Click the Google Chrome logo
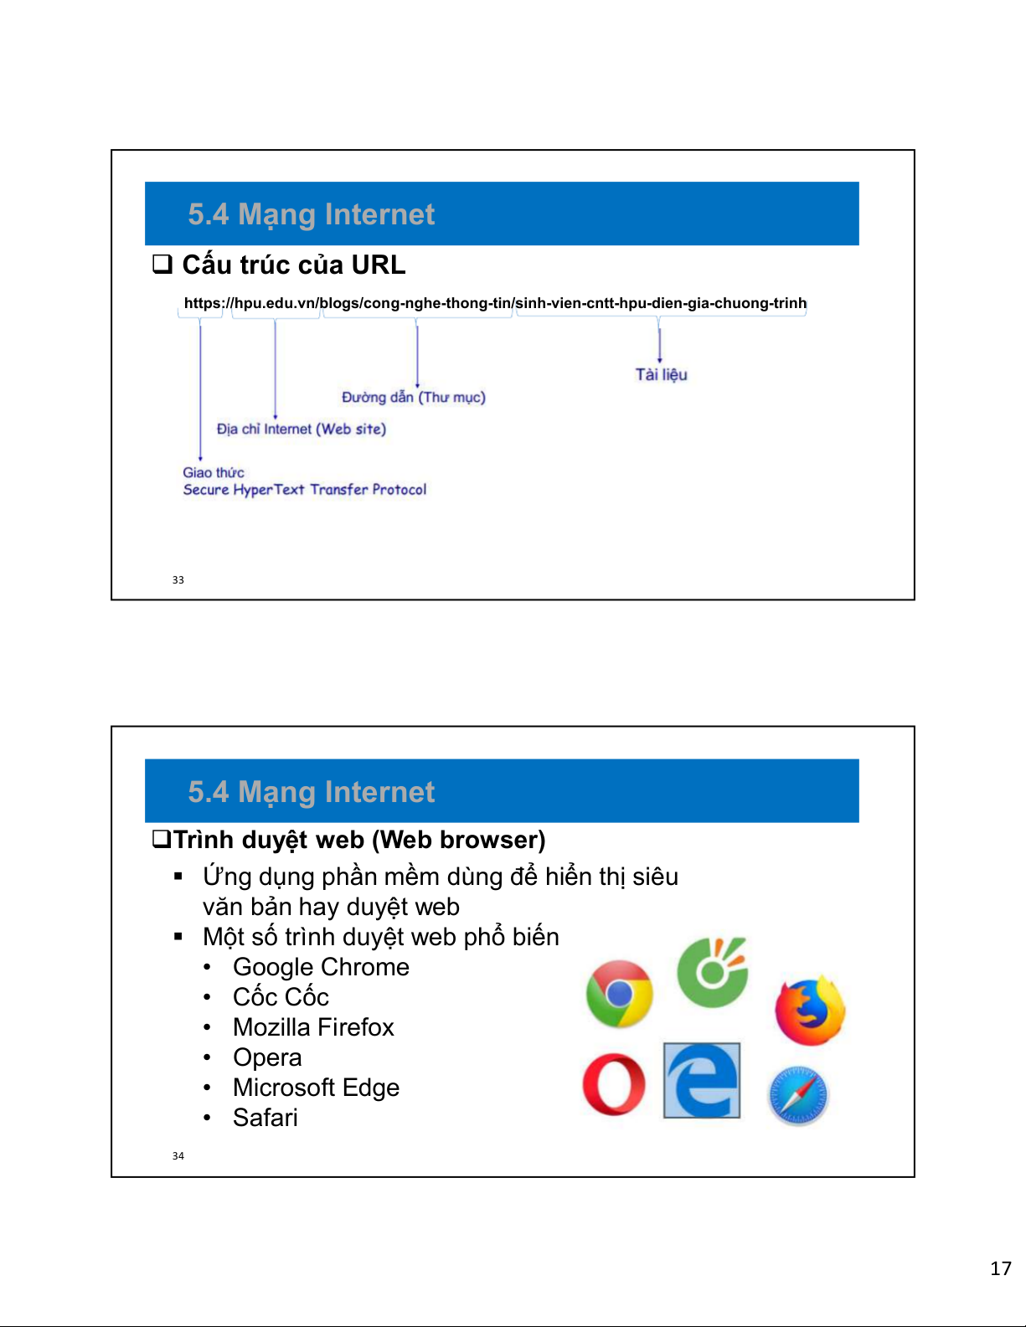[x=619, y=994]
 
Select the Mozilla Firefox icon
[x=810, y=1011]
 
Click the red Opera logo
[x=614, y=1084]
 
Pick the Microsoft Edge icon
[x=702, y=1081]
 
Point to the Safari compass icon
[x=798, y=1096]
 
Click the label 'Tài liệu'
[x=661, y=374]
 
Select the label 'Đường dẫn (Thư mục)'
[x=413, y=397]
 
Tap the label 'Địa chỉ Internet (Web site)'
[x=301, y=429]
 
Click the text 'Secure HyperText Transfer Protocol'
[x=305, y=490]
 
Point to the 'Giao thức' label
[x=214, y=472]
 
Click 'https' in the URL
[x=202, y=303]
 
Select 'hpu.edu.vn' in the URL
[x=275, y=303]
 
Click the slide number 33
[x=178, y=579]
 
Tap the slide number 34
[x=178, y=1155]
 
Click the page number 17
[x=1001, y=1268]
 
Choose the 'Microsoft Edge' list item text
[x=316, y=1088]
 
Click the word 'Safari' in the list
[x=266, y=1118]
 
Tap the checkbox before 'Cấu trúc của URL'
[x=162, y=265]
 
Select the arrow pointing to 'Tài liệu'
[x=660, y=345]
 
